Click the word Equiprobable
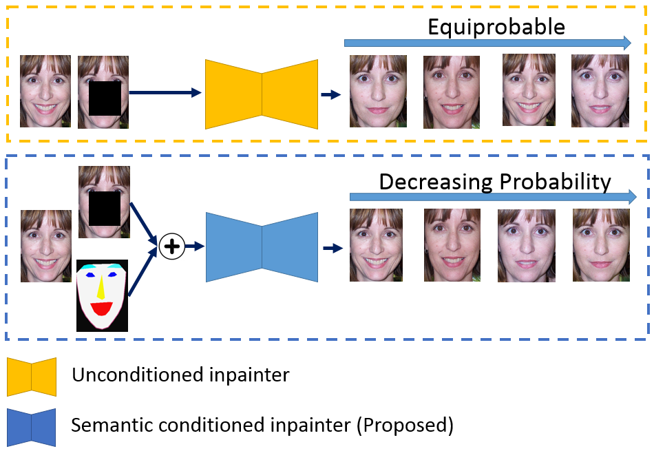(x=496, y=28)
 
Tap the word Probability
(x=555, y=182)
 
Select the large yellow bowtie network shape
(x=262, y=94)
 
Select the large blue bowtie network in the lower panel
(x=262, y=247)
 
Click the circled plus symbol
(x=172, y=246)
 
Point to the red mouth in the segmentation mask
(x=102, y=308)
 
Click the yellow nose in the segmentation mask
(x=101, y=288)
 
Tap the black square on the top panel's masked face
(x=105, y=98)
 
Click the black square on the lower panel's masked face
(x=105, y=209)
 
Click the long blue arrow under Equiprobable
(x=487, y=43)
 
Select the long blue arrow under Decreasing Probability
(x=493, y=197)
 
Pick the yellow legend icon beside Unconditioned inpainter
(x=32, y=377)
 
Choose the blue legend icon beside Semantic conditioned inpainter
(x=31, y=428)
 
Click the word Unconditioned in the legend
(x=137, y=375)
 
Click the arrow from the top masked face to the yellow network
(x=165, y=93)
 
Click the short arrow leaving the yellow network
(x=331, y=95)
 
